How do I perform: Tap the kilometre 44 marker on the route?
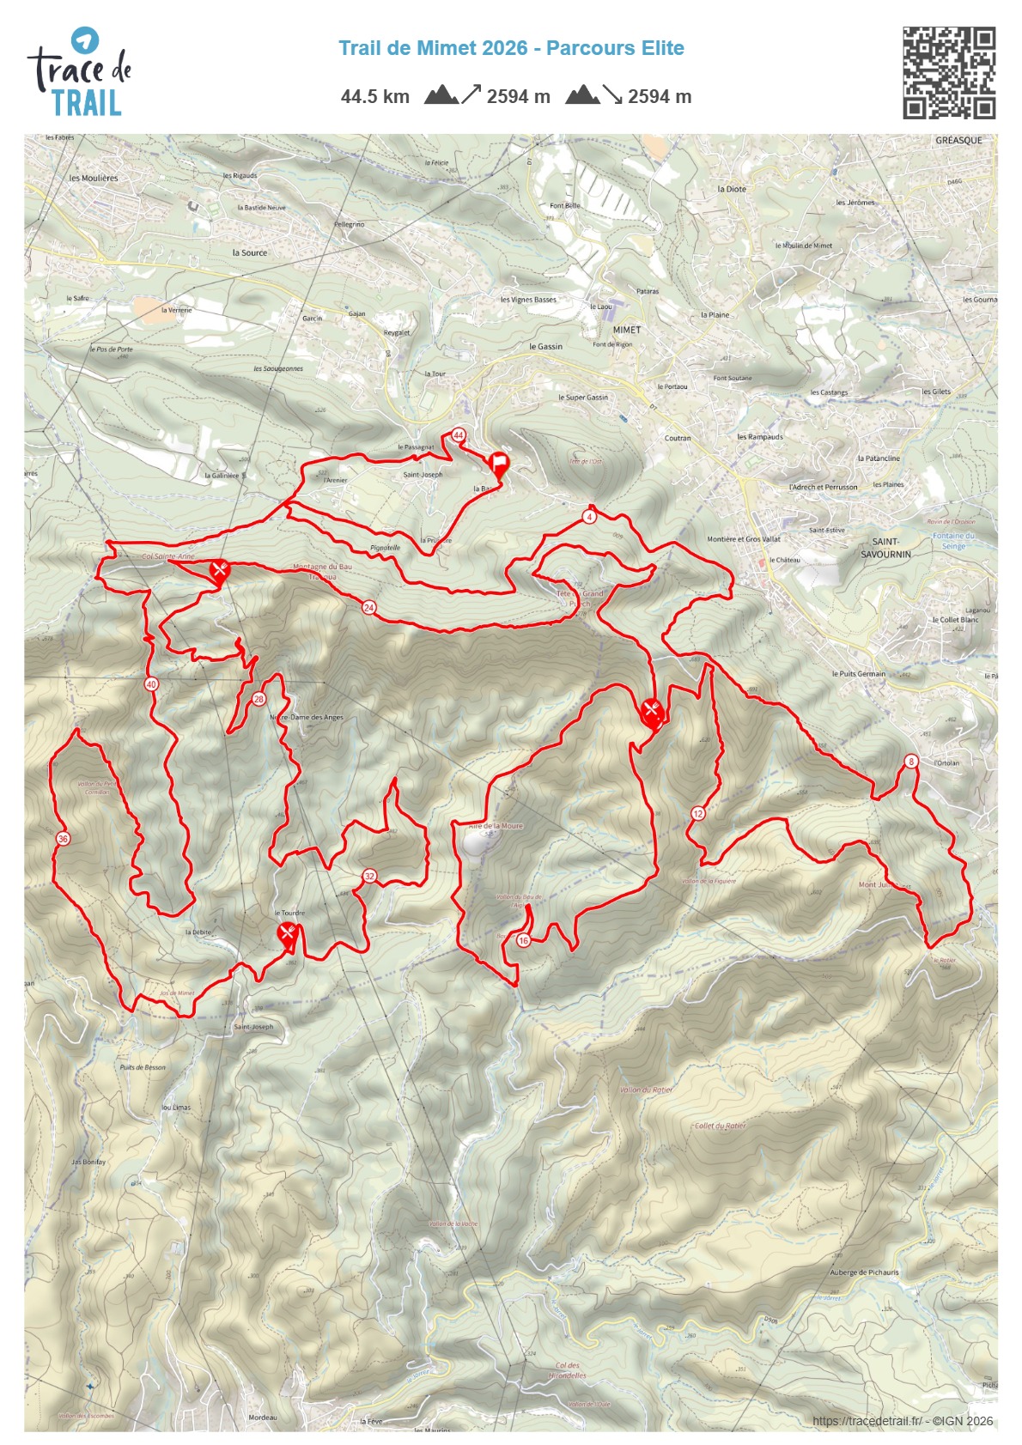459,435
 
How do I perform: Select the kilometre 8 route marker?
911,762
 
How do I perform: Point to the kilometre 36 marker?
63,839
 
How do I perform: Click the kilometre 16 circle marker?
524,940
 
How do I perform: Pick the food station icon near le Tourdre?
288,934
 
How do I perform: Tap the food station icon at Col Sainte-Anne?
219,570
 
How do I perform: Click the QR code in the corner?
948,72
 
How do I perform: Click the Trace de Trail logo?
79,72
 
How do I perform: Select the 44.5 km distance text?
375,97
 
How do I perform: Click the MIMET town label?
627,330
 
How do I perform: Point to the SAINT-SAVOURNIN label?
885,548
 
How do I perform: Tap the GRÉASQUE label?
958,141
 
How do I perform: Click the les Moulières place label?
94,179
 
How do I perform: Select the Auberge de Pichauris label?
864,1272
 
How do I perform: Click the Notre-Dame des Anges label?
307,718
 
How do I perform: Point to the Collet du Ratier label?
720,1126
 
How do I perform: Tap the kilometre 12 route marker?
698,814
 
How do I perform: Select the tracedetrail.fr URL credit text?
867,1421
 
